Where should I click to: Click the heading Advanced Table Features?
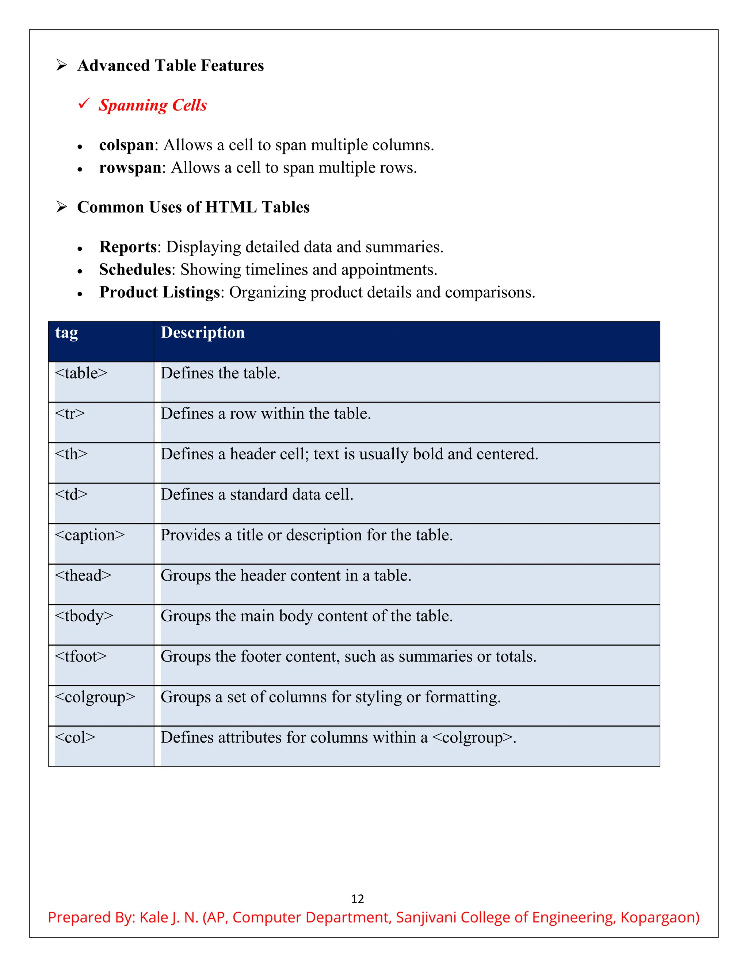tap(170, 66)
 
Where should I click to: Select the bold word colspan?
tap(126, 145)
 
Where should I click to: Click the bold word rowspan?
tap(130, 168)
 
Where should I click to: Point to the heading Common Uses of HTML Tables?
tap(193, 207)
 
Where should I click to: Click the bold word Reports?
tap(127, 247)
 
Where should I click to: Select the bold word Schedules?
tap(135, 270)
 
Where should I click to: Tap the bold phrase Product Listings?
tap(159, 292)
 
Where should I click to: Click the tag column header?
tap(66, 332)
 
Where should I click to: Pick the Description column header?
tap(202, 332)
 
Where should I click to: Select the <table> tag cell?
tap(81, 373)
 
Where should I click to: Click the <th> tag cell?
tap(71, 454)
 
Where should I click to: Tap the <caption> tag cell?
tap(89, 535)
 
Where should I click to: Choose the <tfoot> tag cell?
tap(81, 656)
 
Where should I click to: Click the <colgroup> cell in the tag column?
tap(95, 697)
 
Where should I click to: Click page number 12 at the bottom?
tap(357, 899)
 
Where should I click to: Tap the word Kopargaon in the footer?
tap(659, 917)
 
